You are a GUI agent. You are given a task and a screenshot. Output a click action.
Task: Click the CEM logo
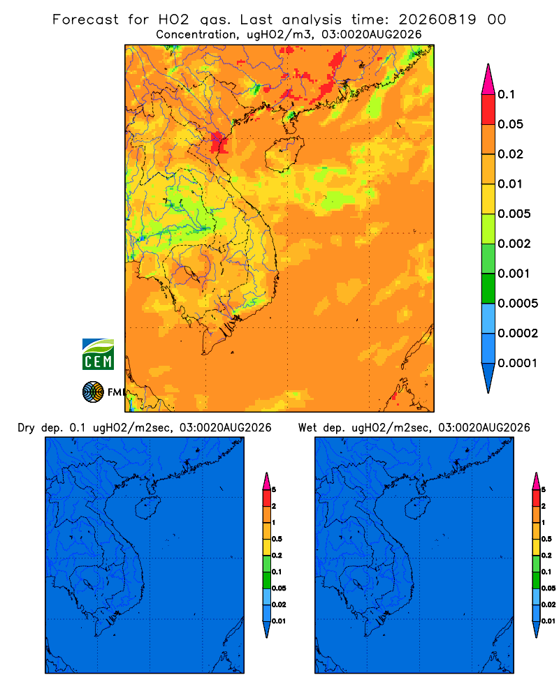tap(98, 355)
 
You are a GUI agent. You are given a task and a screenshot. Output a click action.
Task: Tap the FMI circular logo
tap(93, 392)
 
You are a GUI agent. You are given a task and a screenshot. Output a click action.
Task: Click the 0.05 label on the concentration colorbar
tap(510, 124)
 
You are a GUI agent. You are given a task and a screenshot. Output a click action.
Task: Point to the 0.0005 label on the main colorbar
tap(518, 304)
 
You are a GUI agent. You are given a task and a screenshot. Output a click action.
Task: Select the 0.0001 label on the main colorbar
tap(518, 363)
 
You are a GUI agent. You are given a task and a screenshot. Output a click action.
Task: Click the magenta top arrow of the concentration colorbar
tap(488, 79)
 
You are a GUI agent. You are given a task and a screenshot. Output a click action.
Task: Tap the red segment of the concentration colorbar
tap(488, 110)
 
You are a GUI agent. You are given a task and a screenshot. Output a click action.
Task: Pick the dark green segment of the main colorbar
tap(488, 288)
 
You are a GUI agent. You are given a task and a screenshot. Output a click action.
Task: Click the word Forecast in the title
tap(85, 20)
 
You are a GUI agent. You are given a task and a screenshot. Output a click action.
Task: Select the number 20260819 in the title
tap(437, 20)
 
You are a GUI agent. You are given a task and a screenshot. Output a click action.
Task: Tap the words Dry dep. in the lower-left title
tap(40, 428)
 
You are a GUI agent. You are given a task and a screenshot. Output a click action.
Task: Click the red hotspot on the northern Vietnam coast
tap(219, 143)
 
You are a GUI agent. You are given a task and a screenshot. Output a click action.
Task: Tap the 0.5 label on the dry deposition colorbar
tap(277, 539)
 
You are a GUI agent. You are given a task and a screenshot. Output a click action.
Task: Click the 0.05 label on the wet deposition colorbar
tap(549, 588)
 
